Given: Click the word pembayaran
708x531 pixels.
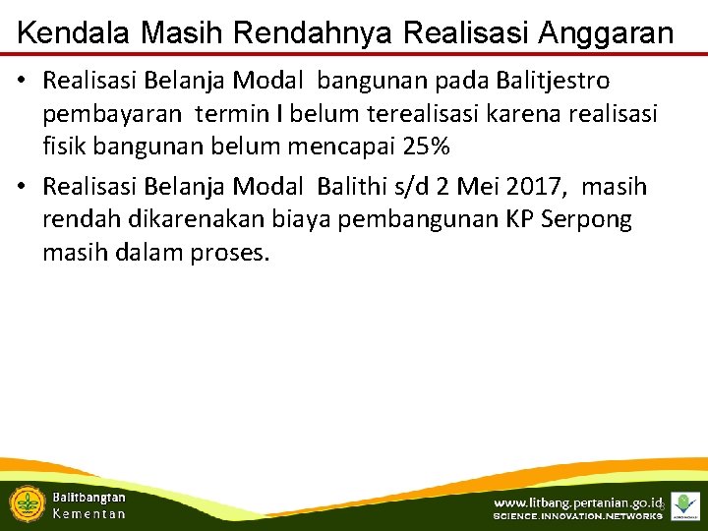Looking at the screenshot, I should (112, 113).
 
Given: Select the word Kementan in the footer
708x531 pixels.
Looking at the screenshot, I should (88, 513).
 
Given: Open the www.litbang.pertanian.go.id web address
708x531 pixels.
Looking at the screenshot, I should (576, 502).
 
